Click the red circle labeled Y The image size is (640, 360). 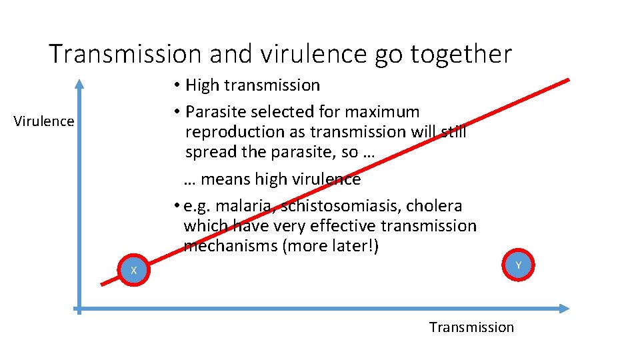click(519, 265)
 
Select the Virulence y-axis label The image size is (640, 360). click(44, 121)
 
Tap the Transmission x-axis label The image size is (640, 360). click(471, 327)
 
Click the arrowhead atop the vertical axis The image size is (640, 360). click(79, 84)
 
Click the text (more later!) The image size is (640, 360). click(331, 246)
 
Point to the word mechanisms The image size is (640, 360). click(231, 246)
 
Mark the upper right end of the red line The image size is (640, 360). click(568, 81)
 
